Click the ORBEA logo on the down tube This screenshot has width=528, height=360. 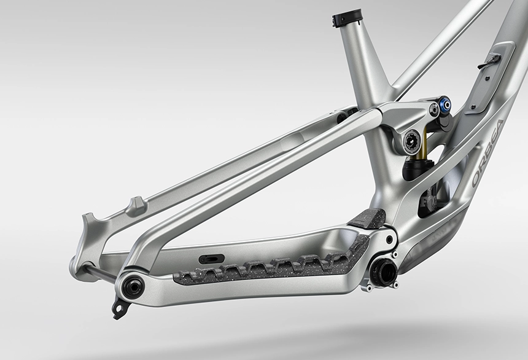click(x=487, y=153)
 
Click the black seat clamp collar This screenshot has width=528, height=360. click(x=346, y=18)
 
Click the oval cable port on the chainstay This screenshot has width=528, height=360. click(x=211, y=259)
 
